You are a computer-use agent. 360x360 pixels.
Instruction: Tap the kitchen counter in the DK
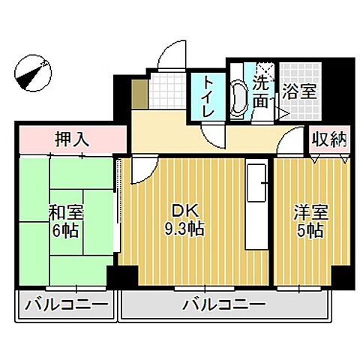coord(256,206)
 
